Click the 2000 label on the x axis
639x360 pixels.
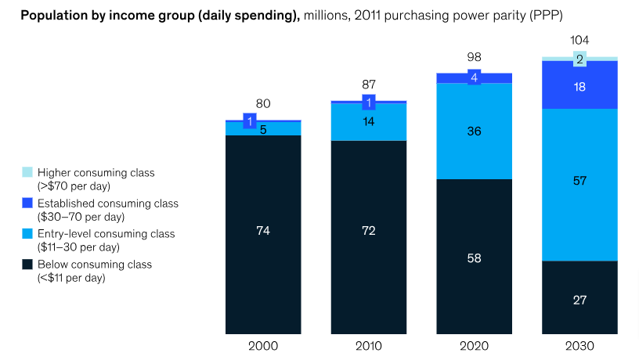[263, 346]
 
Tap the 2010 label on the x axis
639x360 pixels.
[369, 346]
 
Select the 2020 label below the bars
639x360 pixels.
[475, 346]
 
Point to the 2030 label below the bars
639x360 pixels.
[579, 346]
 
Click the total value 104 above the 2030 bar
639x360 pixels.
[579, 40]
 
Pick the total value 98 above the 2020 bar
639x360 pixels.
[475, 57]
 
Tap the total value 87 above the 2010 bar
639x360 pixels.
[369, 85]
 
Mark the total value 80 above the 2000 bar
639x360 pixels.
[263, 103]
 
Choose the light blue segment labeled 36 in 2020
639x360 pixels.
[475, 131]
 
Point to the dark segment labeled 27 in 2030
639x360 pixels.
[579, 298]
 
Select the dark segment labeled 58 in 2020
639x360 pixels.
[475, 257]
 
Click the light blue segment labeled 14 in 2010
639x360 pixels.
[369, 122]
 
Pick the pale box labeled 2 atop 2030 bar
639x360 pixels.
[579, 59]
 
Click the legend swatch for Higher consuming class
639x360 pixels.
[27, 172]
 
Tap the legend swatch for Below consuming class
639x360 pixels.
[27, 265]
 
